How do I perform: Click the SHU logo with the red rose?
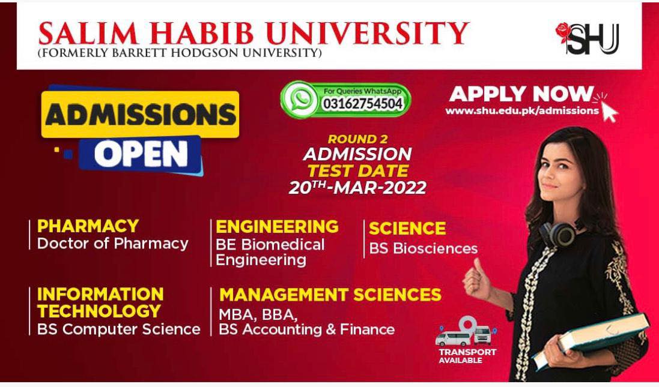point(588,38)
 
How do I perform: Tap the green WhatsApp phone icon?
point(299,99)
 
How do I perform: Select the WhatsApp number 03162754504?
point(363,104)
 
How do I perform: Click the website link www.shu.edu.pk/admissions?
point(522,111)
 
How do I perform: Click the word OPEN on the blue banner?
point(141,154)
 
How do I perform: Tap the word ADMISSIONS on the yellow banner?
point(141,115)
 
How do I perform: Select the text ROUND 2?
point(357,139)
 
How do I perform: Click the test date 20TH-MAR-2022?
point(357,187)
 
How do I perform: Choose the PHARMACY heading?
point(88,226)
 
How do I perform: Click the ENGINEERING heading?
point(277,227)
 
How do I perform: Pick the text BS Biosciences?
point(424,248)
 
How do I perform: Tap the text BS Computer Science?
point(118,329)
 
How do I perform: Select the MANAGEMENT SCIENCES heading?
point(330,295)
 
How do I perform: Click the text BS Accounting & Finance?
point(307,329)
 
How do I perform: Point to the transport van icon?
point(466,332)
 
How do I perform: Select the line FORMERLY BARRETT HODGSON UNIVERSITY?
point(180,53)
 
